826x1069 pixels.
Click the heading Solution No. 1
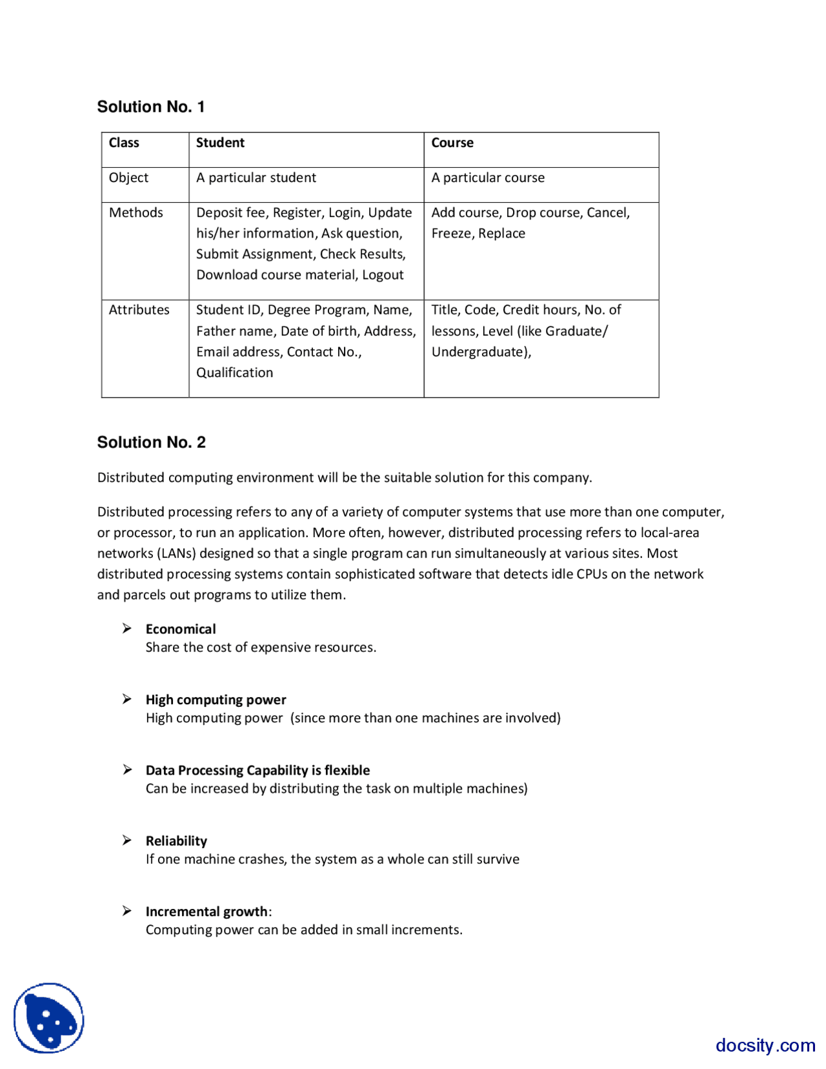coord(151,107)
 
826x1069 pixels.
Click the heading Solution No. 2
coord(151,442)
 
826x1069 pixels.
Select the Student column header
coord(220,143)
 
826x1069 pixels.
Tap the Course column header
coord(452,143)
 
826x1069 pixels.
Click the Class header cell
coord(124,143)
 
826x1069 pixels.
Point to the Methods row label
coord(136,212)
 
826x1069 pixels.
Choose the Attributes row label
coord(139,310)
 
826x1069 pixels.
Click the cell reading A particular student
coord(256,178)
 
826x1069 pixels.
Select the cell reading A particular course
coord(488,178)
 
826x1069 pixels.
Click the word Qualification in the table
coord(234,372)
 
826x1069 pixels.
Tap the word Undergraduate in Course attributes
coord(479,352)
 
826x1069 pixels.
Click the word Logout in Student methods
coord(383,275)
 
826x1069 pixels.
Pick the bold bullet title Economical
coord(181,629)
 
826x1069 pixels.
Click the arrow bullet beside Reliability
coord(127,840)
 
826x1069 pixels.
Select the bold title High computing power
coord(216,700)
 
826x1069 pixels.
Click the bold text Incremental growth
coord(206,911)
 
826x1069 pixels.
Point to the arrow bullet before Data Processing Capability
coord(127,769)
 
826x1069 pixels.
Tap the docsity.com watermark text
coord(765,1045)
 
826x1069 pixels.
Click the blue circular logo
coord(49,1018)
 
